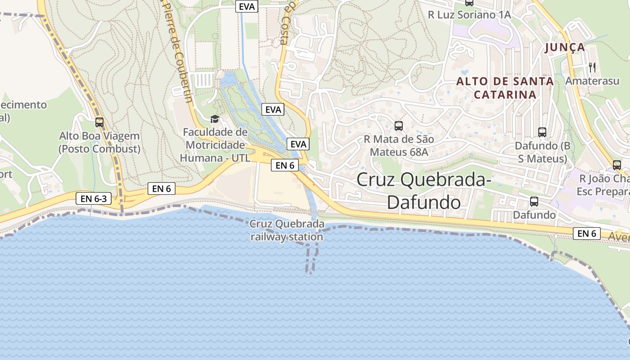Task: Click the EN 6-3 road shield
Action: point(94,198)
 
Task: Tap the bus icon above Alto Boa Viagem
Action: point(99,122)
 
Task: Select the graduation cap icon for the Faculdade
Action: point(215,119)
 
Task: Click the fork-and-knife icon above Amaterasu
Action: point(592,67)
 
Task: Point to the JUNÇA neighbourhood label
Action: point(565,47)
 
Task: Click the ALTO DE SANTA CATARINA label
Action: point(505,88)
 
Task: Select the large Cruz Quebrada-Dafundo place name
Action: point(423,191)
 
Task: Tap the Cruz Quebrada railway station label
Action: point(287,230)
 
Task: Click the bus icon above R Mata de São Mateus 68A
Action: point(398,126)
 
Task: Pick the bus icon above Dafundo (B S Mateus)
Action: point(542,132)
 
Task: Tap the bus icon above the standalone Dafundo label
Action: point(534,202)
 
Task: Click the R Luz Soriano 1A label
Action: point(469,14)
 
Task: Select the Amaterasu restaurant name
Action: point(592,81)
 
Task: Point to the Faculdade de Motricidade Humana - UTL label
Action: point(215,145)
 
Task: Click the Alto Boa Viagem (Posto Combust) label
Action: point(99,142)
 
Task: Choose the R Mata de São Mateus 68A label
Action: point(399,146)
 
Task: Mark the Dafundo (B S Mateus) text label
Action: point(541,152)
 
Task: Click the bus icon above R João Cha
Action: point(616,165)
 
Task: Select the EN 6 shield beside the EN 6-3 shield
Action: point(162,189)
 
